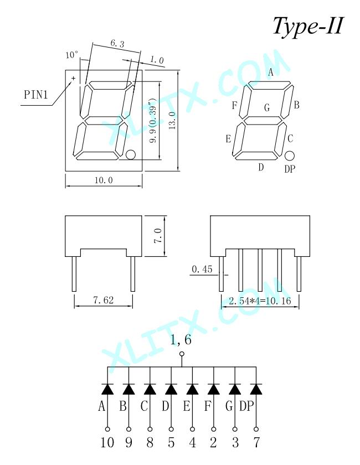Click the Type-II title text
[x=308, y=26]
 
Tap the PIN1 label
[x=36, y=95]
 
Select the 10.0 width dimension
[x=104, y=180]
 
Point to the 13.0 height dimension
[x=172, y=120]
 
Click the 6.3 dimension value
[x=117, y=44]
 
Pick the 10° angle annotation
[x=72, y=55]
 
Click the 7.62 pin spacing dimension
[x=103, y=300]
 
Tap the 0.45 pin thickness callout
[x=202, y=269]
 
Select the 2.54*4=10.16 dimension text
[x=260, y=301]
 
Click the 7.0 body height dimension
[x=158, y=236]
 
